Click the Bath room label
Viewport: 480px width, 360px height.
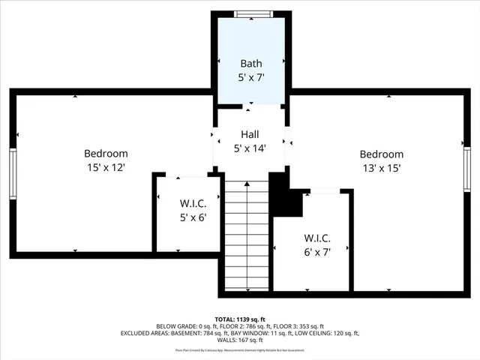point(251,63)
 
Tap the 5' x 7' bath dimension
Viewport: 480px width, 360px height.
point(251,76)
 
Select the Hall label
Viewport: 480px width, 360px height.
point(250,134)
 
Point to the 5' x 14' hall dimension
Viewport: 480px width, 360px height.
point(250,148)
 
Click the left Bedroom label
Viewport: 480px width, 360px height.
point(106,154)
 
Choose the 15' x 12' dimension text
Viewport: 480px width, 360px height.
point(106,168)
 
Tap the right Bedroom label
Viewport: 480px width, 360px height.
point(382,154)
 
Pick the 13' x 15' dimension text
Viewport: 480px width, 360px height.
point(382,169)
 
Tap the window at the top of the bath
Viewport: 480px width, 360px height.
point(251,13)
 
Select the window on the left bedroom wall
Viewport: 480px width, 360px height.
point(13,172)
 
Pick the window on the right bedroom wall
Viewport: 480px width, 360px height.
point(466,169)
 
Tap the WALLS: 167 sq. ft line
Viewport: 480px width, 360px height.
point(239,340)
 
